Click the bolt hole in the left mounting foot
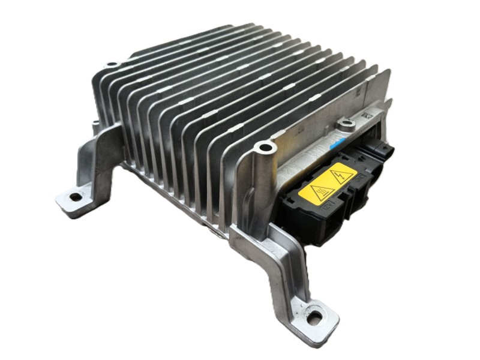tap(74, 197)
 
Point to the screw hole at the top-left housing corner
tap(111, 64)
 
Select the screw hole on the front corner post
tap(263, 147)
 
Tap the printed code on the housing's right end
tap(367, 113)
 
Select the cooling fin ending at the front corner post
tap(240, 144)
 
